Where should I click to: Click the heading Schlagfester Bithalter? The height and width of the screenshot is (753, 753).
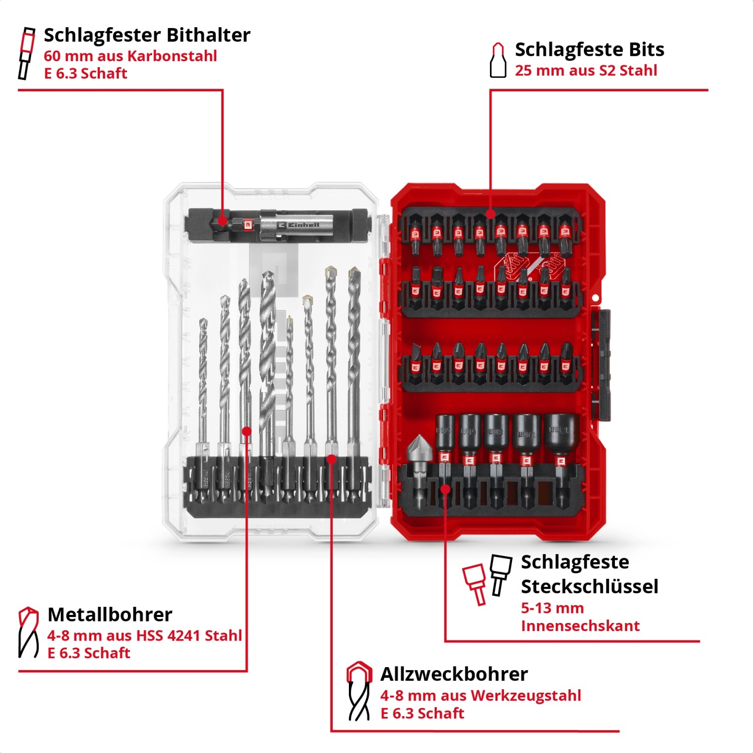pos(147,35)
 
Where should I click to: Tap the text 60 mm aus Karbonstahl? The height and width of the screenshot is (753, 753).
pos(130,56)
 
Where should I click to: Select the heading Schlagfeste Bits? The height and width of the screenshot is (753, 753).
pos(589,50)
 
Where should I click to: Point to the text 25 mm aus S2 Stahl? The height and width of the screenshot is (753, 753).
pos(586,70)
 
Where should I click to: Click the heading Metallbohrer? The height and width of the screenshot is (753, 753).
pos(109,614)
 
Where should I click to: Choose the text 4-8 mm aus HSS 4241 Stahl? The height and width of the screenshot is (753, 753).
pos(145,636)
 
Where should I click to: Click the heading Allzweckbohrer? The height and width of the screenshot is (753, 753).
pos(454,674)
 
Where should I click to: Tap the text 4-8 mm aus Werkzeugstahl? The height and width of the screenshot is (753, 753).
pos(480,695)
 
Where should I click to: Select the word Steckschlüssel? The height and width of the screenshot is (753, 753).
pos(589,586)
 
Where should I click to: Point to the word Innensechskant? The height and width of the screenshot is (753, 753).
pos(580,626)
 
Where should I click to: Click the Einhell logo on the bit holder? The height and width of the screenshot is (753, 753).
pos(300,225)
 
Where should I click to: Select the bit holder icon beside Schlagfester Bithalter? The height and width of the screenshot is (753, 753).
pos(27,53)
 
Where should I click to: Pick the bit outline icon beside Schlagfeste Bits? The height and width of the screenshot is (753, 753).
pos(497,60)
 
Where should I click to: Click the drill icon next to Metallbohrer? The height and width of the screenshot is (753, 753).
pos(28,632)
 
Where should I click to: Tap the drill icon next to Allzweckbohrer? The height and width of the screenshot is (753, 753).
pos(359,691)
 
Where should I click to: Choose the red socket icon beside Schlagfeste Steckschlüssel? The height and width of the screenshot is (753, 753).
pos(475,583)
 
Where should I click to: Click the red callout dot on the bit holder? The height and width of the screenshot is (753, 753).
pos(222,220)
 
